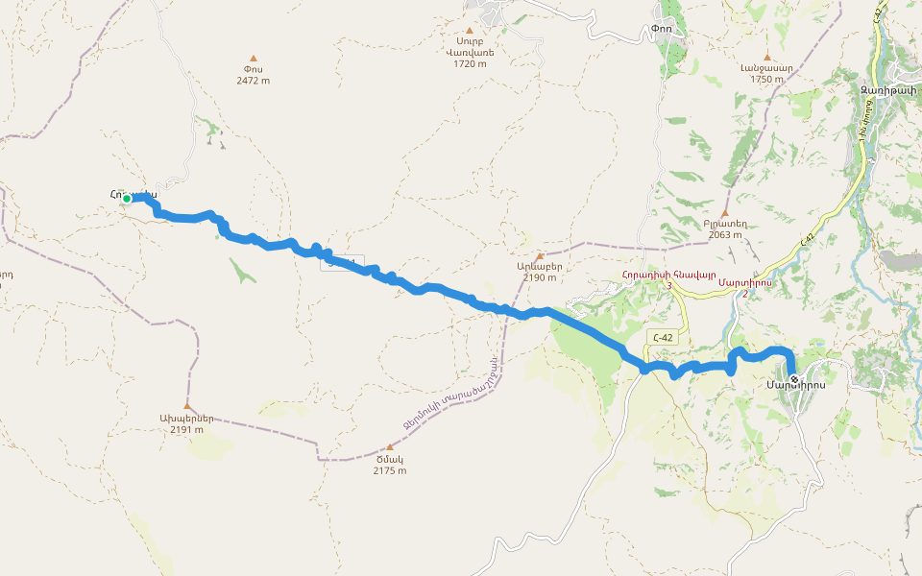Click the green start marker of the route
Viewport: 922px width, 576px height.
click(126, 199)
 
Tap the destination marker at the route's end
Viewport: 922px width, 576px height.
click(793, 366)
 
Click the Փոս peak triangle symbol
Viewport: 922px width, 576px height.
click(254, 59)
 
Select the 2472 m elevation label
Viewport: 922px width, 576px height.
click(254, 81)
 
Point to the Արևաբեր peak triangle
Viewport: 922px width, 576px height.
click(540, 255)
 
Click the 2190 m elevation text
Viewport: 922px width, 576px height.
click(539, 277)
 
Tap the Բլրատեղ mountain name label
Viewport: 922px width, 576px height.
click(725, 223)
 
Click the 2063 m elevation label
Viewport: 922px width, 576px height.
click(725, 234)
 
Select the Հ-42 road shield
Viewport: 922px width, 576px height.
click(660, 337)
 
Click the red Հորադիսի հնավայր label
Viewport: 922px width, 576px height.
click(669, 274)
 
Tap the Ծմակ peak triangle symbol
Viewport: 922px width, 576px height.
click(389, 447)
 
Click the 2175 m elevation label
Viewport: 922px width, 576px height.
click(389, 470)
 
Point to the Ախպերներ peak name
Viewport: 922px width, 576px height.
click(186, 418)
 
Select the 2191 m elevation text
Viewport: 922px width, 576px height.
click(186, 429)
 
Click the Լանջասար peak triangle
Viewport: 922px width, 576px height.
click(766, 57)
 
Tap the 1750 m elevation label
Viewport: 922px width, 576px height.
click(766, 79)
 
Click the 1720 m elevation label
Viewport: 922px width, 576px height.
click(471, 63)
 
